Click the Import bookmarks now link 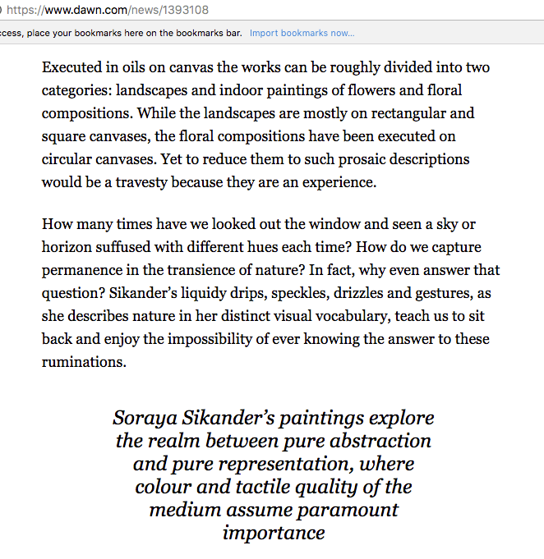tap(302, 33)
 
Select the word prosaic tap(355, 159)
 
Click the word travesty tap(130, 182)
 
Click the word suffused tap(137, 247)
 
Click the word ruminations tap(84, 362)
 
